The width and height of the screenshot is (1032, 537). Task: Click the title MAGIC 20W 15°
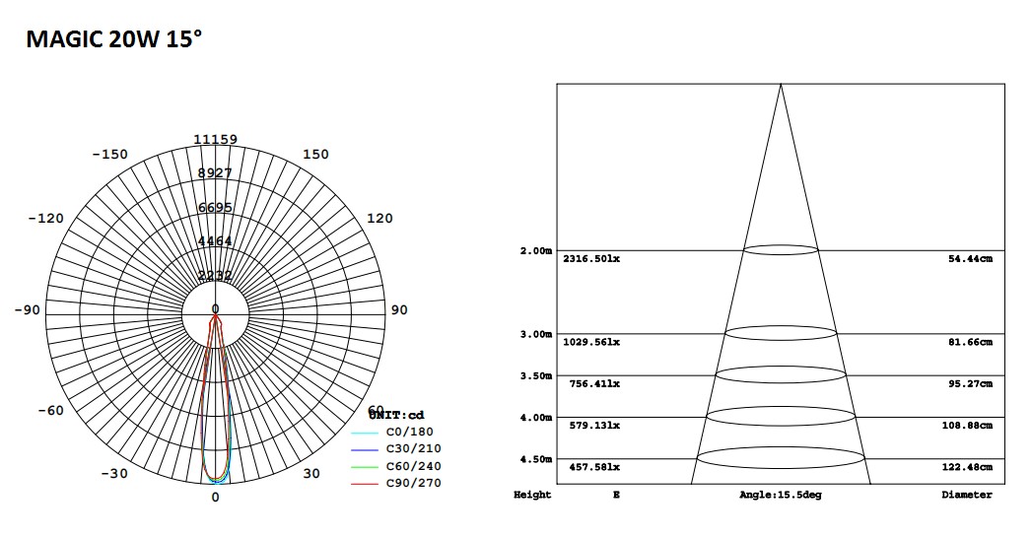[114, 39]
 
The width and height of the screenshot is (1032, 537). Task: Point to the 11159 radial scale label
[215, 140]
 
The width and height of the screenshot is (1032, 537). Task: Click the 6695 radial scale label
[215, 208]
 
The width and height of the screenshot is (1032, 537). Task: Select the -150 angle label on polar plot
[109, 155]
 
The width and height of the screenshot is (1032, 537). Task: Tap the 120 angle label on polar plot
[379, 218]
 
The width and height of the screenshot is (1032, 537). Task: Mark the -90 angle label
[28, 310]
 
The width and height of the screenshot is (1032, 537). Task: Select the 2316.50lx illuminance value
[591, 259]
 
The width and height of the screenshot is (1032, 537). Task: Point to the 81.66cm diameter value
[970, 342]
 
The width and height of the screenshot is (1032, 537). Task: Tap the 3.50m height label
[536, 376]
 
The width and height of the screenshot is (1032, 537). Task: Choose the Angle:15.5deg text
[781, 495]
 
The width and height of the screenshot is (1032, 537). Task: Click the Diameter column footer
[966, 495]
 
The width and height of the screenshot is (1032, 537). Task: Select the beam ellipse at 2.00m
[780, 250]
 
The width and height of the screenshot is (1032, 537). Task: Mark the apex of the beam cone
[781, 85]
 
